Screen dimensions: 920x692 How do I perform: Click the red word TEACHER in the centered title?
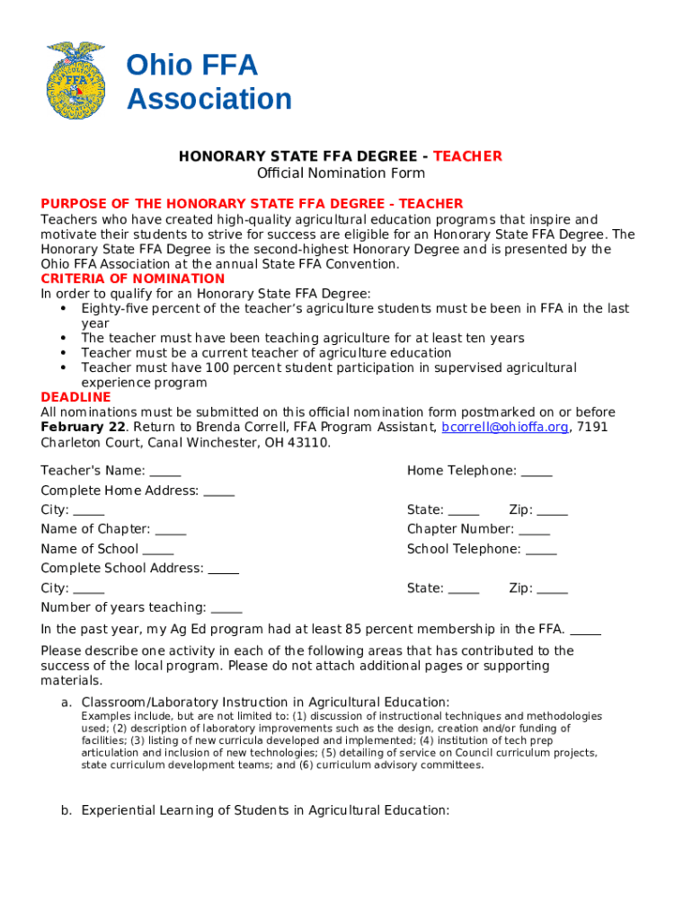[467, 156]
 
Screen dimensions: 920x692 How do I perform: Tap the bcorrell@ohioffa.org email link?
[505, 428]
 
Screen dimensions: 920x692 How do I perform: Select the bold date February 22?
[83, 428]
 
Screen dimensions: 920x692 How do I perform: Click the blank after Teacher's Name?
[165, 472]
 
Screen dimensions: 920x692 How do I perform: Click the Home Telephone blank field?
[537, 472]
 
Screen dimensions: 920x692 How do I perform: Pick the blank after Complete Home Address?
[219, 491]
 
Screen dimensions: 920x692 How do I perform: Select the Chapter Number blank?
[534, 530]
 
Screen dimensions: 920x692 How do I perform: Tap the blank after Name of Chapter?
[171, 530]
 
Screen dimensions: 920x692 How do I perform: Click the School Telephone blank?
[541, 550]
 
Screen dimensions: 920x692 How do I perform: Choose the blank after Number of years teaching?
[226, 609]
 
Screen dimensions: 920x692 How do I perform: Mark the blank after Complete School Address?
[224, 570]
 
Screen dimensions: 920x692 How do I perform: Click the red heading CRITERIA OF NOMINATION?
[132, 279]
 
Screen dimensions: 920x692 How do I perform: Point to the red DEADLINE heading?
[75, 397]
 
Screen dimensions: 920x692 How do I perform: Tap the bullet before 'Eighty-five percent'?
[63, 308]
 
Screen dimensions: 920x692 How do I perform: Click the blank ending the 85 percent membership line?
[586, 630]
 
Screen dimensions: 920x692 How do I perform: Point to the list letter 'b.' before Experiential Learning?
[67, 810]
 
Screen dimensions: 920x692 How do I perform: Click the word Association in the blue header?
[209, 99]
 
